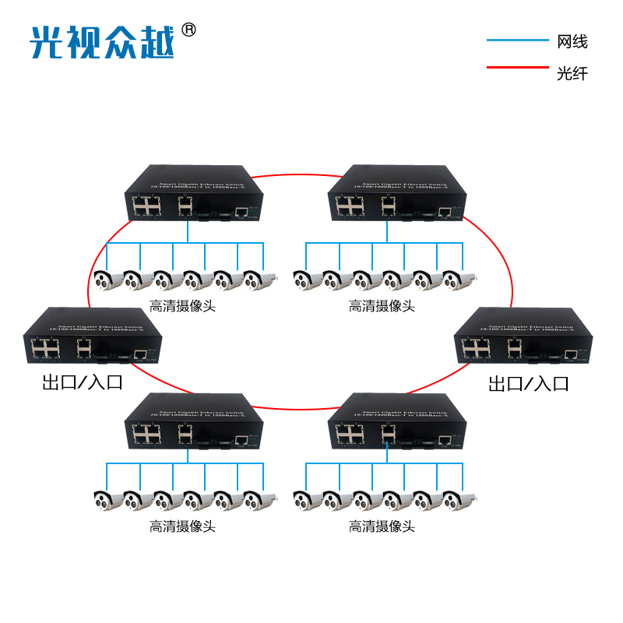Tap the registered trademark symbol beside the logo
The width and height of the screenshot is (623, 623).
[188, 30]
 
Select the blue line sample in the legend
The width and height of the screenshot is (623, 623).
[517, 40]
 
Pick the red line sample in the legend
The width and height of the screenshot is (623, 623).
[517, 68]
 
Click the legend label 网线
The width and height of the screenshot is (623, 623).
[572, 41]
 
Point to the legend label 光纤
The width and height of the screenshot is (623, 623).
[572, 74]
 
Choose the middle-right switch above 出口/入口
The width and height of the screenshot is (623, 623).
[522, 337]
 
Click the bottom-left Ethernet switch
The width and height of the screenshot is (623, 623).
[190, 423]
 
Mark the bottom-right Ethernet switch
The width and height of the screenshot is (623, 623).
[394, 423]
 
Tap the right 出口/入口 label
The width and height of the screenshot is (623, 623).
[529, 383]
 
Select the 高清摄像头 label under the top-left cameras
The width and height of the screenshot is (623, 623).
[182, 306]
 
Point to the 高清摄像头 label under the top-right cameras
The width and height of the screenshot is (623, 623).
[382, 306]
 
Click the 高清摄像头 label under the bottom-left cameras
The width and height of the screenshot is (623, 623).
[182, 526]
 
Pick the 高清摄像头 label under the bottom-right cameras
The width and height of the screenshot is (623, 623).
[382, 526]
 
